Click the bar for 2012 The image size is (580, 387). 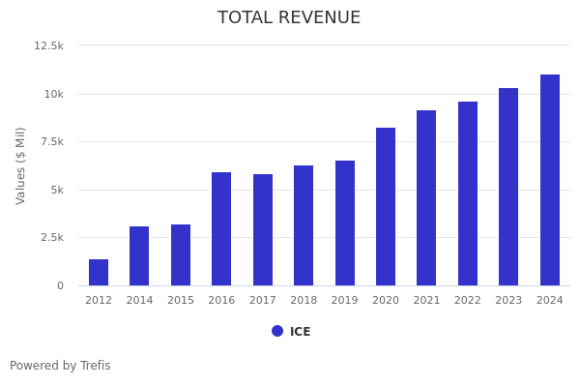99,273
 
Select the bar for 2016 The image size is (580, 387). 221,229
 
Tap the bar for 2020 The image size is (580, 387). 386,207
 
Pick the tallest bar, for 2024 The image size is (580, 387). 550,180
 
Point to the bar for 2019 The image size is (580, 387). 345,223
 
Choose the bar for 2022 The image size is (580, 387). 468,193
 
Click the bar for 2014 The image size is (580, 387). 139,256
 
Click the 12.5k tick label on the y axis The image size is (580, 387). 49,45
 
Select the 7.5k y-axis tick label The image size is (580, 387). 52,141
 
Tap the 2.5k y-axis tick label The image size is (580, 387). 52,237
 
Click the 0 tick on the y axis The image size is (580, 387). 60,285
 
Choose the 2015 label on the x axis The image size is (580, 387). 181,301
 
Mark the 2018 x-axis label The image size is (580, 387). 304,301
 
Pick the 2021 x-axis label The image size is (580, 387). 426,301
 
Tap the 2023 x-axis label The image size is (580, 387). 508,301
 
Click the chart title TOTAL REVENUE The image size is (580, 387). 289,18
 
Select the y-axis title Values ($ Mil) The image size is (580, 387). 21,164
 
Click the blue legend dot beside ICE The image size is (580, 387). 277,331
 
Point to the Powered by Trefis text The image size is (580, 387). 60,366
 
